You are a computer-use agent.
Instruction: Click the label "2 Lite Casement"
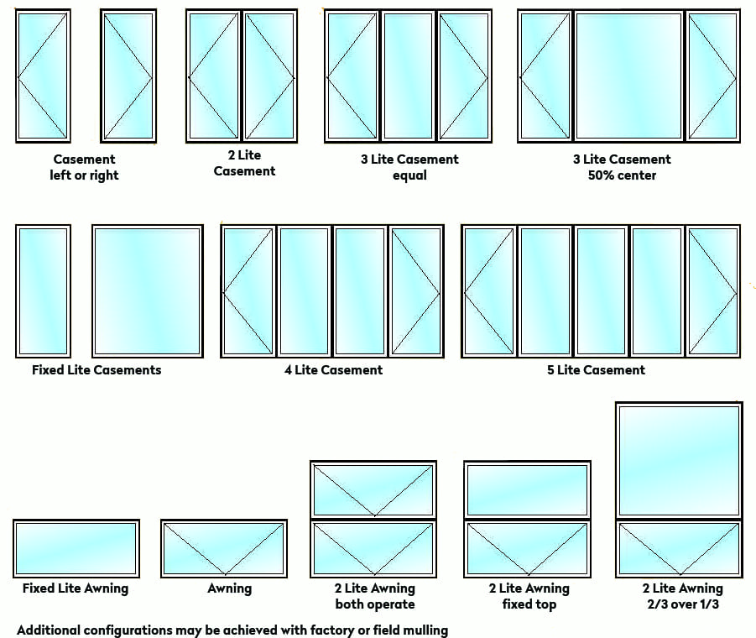(244, 163)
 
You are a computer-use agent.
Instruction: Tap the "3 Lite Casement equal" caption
(409, 167)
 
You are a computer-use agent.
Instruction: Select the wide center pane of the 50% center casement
(628, 76)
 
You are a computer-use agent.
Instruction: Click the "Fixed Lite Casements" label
(96, 370)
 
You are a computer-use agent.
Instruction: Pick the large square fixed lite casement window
(147, 291)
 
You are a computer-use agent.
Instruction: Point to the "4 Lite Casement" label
(333, 370)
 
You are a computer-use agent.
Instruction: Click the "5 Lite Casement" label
(596, 370)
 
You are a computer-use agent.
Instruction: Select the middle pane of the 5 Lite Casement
(601, 291)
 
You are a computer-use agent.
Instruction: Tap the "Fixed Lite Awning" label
(76, 588)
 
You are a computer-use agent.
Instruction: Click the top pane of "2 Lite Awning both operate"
(373, 489)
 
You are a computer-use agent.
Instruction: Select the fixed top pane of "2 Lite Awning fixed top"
(527, 489)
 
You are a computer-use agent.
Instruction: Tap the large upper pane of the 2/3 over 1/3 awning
(679, 460)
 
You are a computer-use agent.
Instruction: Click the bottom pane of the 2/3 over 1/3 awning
(679, 549)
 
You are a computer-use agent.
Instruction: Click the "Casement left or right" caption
(85, 167)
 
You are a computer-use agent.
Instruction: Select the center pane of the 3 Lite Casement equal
(408, 76)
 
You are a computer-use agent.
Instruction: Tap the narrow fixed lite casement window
(43, 291)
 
